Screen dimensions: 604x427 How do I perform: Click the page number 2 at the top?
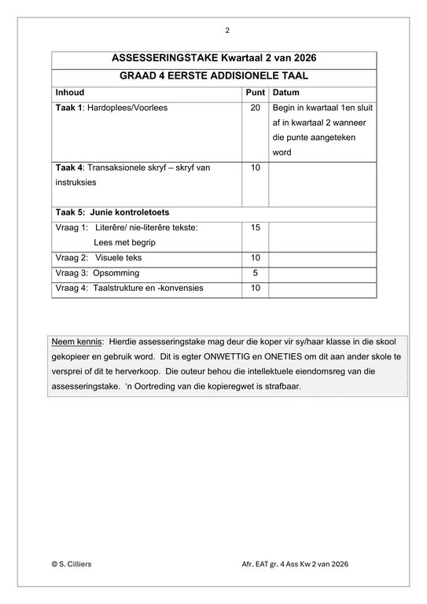(227, 31)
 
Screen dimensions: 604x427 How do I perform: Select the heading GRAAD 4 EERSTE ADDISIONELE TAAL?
(213, 76)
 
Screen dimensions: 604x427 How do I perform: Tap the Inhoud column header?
(70, 92)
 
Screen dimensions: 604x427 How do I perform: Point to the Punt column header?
(255, 92)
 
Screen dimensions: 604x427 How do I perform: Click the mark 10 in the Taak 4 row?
(255, 168)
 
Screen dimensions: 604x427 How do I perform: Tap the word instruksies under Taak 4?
(76, 182)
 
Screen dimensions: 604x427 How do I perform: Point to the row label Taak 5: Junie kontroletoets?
(112, 212)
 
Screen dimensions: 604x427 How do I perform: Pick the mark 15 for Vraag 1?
(255, 227)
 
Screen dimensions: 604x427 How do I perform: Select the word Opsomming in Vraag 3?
(116, 273)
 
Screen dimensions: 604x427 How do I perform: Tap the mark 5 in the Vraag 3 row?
(255, 273)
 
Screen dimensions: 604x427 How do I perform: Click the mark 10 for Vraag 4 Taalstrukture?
(255, 288)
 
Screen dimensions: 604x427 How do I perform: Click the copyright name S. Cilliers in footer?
(75, 564)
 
